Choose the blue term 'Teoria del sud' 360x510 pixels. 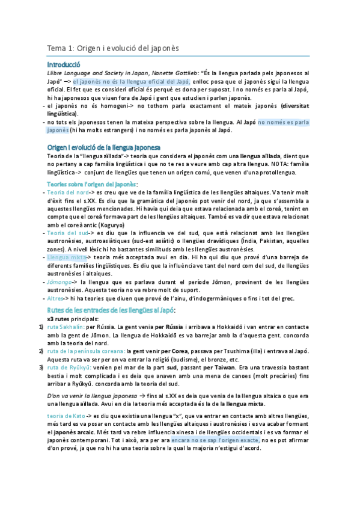point(65,232)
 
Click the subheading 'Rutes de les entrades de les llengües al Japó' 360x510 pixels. point(111,309)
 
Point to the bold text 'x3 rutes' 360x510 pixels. point(61,318)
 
